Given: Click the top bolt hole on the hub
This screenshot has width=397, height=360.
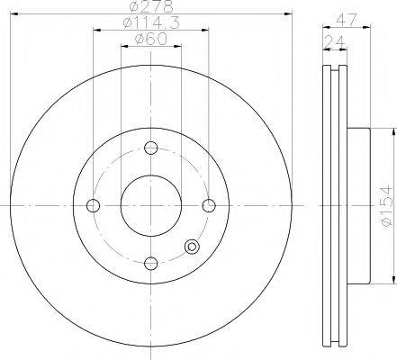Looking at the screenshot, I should coord(151,148).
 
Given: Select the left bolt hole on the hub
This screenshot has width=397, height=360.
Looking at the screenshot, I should coord(93,205).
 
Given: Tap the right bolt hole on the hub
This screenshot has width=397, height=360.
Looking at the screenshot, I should coord(209,205).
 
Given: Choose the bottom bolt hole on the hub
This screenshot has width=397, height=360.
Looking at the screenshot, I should coord(151,263).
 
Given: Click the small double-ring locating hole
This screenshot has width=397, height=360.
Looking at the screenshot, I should coord(190,249).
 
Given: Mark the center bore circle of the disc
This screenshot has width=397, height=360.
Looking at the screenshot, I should coord(151,205).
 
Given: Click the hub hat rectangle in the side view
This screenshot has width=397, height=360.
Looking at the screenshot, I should coord(357,205).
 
